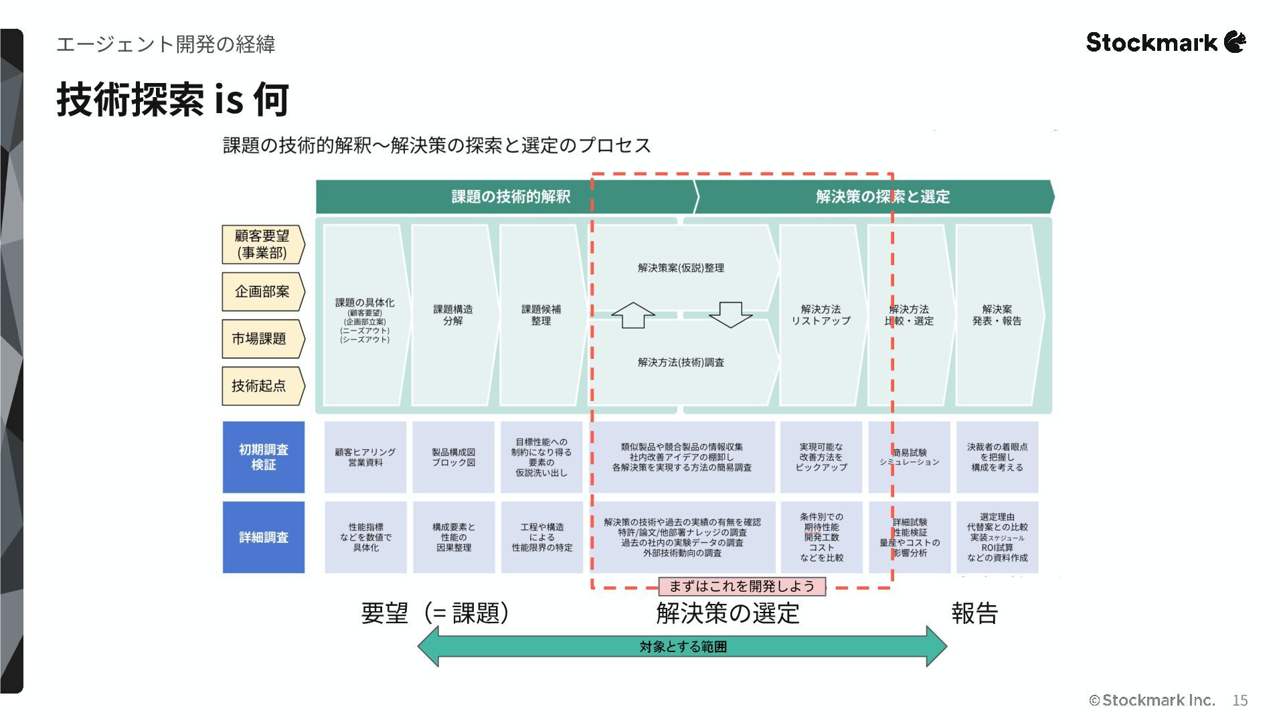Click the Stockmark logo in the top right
pyautogui.click(x=1165, y=42)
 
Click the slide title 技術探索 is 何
pyautogui.click(x=173, y=100)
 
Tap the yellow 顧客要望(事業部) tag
pyautogui.click(x=262, y=244)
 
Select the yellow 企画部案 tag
pyautogui.click(x=262, y=292)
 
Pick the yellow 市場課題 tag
pyautogui.click(x=261, y=339)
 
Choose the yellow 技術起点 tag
pyautogui.click(x=261, y=386)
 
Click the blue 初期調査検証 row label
pyautogui.click(x=263, y=457)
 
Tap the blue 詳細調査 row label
pyautogui.click(x=263, y=537)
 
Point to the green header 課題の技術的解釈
pyautogui.click(x=510, y=197)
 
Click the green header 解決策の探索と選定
pyautogui.click(x=882, y=197)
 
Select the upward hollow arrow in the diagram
pyautogui.click(x=632, y=315)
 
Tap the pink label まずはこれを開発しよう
pyautogui.click(x=742, y=586)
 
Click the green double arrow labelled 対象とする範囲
pyautogui.click(x=682, y=647)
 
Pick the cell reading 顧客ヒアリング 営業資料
pyautogui.click(x=365, y=457)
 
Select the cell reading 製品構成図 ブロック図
pyautogui.click(x=453, y=457)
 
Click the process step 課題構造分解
pyautogui.click(x=452, y=315)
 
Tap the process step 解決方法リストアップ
pyautogui.click(x=821, y=315)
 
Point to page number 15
pyautogui.click(x=1239, y=700)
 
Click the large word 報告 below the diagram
pyautogui.click(x=974, y=613)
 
